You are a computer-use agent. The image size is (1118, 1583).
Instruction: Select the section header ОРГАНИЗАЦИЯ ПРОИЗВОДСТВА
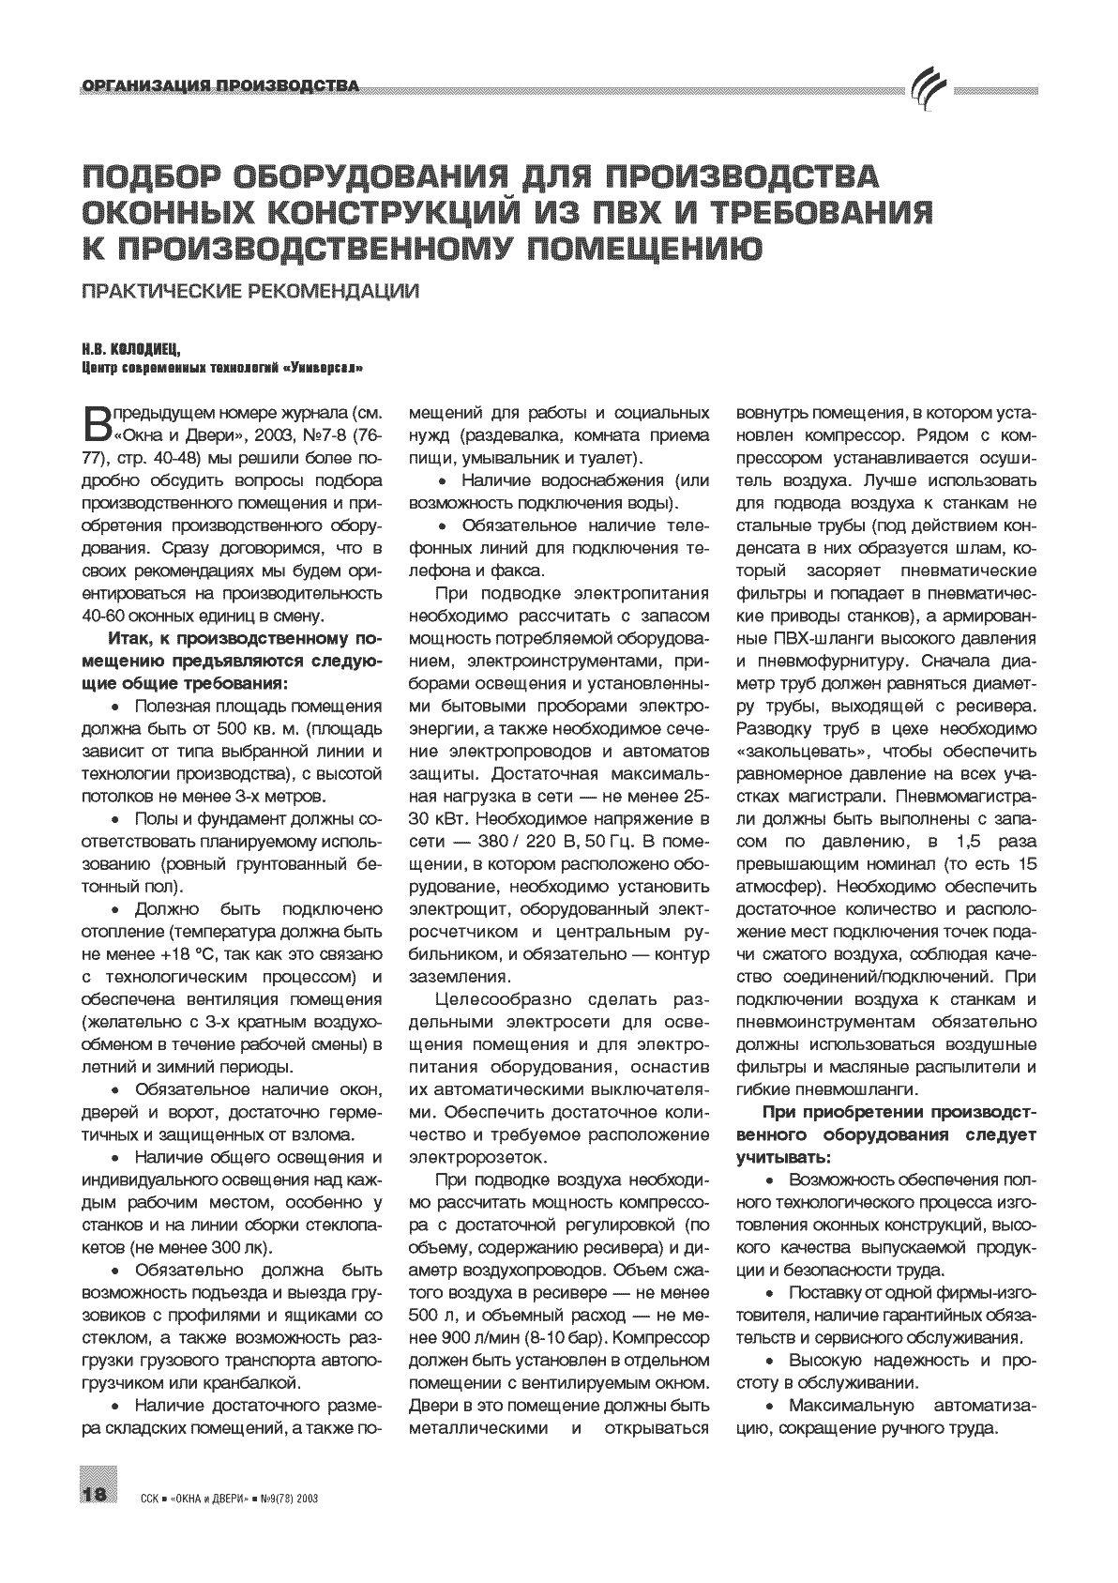[220, 87]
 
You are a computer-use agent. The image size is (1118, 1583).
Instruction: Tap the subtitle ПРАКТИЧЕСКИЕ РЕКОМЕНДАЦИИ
[249, 291]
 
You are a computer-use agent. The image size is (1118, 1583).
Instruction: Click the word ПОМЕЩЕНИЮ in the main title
[641, 247]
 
